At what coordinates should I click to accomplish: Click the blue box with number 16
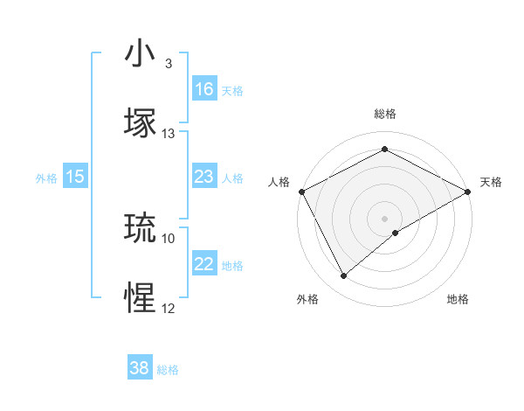pyautogui.click(x=204, y=89)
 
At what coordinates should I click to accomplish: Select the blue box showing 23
pyautogui.click(x=204, y=177)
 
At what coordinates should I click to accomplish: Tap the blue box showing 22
pyautogui.click(x=204, y=264)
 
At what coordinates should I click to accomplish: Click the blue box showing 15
pyautogui.click(x=75, y=177)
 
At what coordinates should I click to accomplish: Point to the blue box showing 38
pyautogui.click(x=140, y=368)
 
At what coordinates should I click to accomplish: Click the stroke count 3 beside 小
pyautogui.click(x=169, y=64)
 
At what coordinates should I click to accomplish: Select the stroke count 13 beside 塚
pyautogui.click(x=169, y=134)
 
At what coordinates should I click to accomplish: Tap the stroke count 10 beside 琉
pyautogui.click(x=169, y=238)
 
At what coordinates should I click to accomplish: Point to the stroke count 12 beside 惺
pyautogui.click(x=169, y=308)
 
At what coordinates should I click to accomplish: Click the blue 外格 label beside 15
pyautogui.click(x=46, y=178)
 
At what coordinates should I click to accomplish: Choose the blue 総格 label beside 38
pyautogui.click(x=168, y=370)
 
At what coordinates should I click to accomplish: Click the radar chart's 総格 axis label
pyautogui.click(x=385, y=114)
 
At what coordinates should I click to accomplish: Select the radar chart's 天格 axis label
pyautogui.click(x=492, y=182)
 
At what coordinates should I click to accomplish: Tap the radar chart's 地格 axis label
pyautogui.click(x=458, y=299)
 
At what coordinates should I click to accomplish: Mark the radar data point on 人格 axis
pyautogui.click(x=301, y=191)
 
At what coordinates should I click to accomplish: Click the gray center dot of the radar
pyautogui.click(x=385, y=218)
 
